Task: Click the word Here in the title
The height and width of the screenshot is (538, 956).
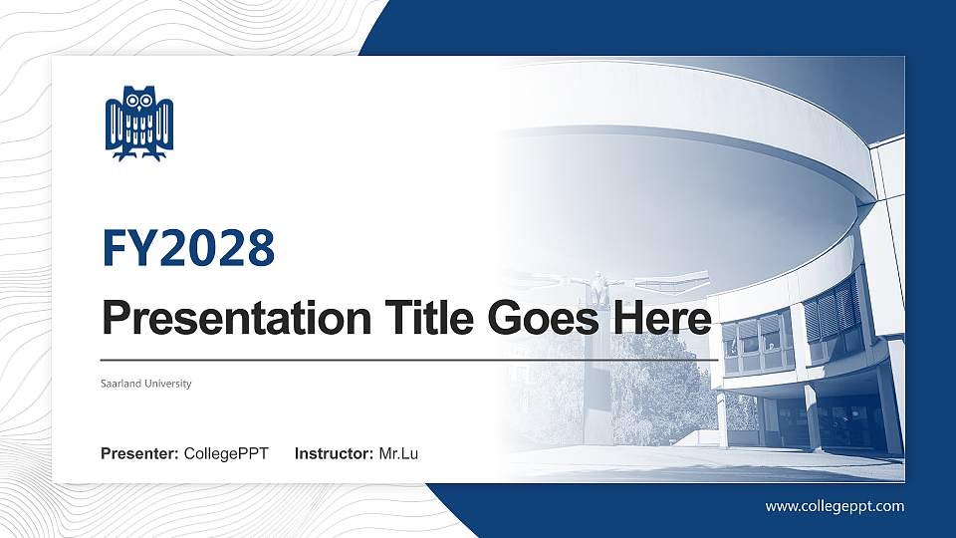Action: (x=663, y=319)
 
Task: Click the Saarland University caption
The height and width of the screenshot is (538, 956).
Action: (x=145, y=384)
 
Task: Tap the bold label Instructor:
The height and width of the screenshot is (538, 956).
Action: (x=335, y=454)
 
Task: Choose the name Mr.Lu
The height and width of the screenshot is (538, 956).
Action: (x=398, y=454)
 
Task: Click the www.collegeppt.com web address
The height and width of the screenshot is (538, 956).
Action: (x=835, y=506)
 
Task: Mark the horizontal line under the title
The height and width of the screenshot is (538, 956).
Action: (x=408, y=359)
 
